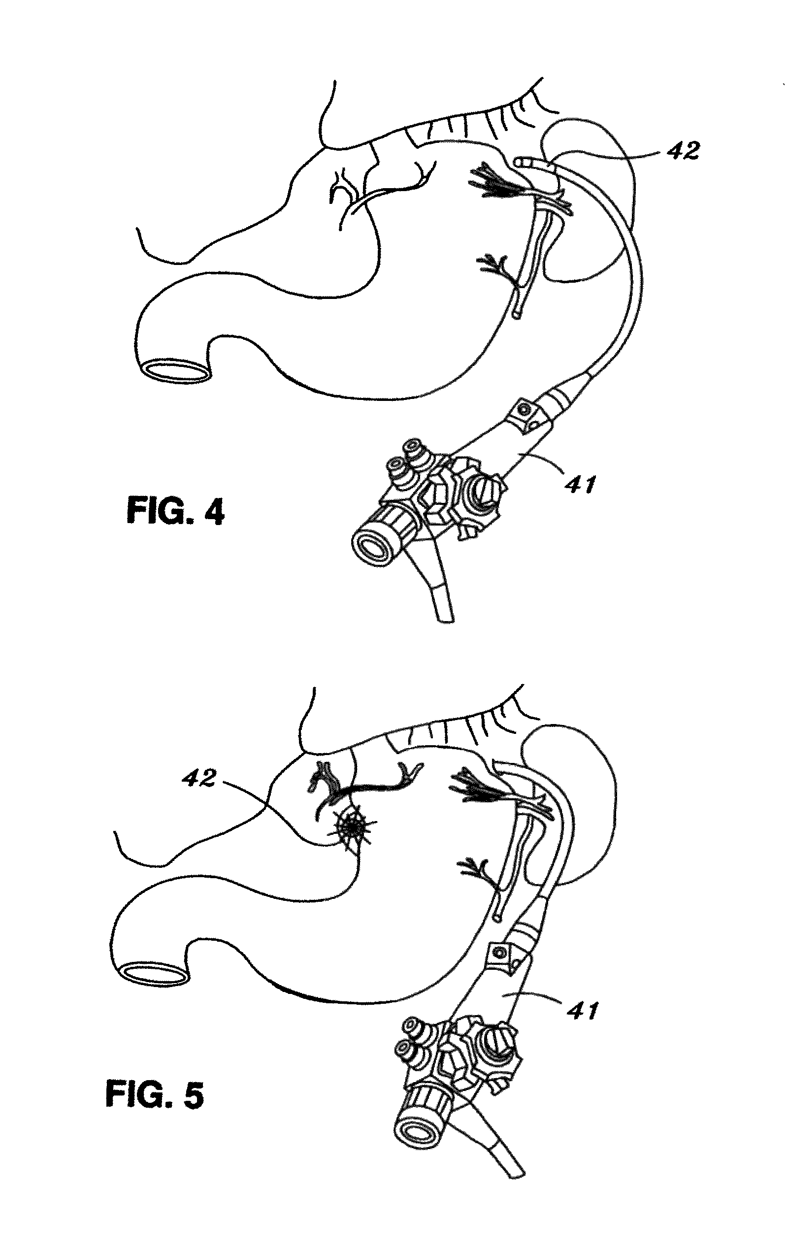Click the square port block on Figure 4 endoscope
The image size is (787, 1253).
[526, 416]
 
